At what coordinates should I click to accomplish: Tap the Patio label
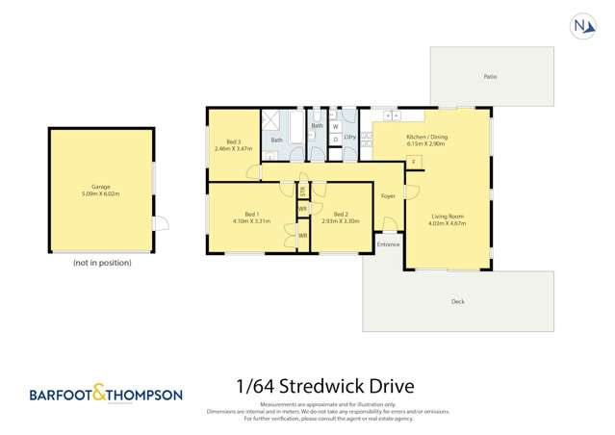(491, 76)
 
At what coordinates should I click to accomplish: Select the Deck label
(457, 301)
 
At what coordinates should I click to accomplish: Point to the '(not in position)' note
(102, 262)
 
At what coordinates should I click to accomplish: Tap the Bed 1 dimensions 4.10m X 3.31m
(251, 220)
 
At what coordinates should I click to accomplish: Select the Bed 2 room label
(340, 214)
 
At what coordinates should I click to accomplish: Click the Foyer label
(388, 196)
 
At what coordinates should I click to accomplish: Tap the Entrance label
(388, 244)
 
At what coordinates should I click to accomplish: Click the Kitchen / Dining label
(426, 136)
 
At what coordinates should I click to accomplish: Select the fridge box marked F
(413, 162)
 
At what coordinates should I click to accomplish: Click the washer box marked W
(335, 126)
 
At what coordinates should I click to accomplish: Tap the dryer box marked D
(335, 140)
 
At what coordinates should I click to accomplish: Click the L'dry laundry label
(350, 138)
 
